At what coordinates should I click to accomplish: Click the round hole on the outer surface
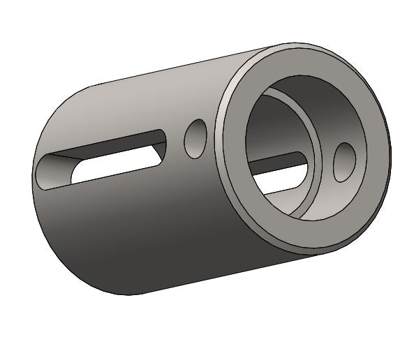[x=195, y=138]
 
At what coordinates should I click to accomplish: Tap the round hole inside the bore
[x=344, y=162]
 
